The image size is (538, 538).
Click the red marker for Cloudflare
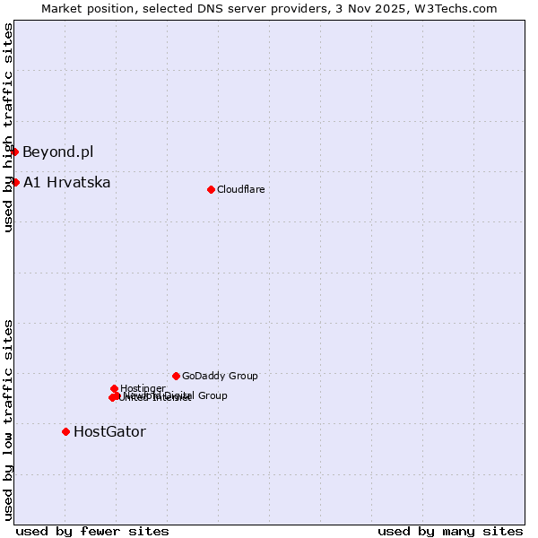(x=211, y=189)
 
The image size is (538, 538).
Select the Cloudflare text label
(x=240, y=189)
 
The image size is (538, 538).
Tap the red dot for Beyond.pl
(x=15, y=152)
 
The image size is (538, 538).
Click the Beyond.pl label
(x=57, y=152)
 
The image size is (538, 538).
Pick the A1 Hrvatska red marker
(x=15, y=182)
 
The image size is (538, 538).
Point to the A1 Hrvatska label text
(x=66, y=182)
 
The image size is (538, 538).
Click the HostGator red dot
(x=65, y=431)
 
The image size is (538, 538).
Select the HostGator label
(x=109, y=431)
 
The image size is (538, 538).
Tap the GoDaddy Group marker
(x=176, y=376)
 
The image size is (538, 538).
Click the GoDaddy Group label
(x=220, y=376)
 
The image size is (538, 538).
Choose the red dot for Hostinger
(x=114, y=388)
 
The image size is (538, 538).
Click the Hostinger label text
(x=143, y=388)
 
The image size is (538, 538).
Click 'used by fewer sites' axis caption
(x=92, y=531)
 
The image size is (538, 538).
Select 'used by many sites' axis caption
(x=450, y=531)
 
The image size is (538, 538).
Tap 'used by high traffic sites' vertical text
(x=8, y=127)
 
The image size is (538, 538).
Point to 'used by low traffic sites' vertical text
(x=8, y=419)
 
